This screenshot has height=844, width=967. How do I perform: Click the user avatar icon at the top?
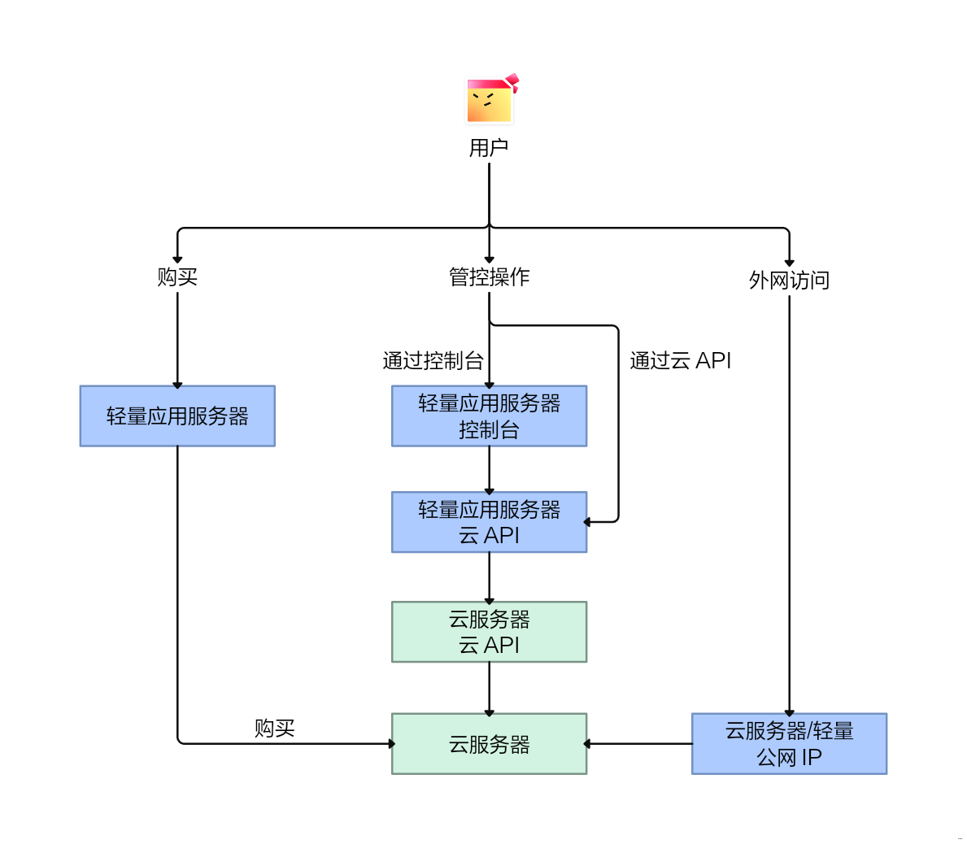pyautogui.click(x=489, y=101)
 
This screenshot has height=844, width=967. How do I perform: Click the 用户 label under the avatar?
pyautogui.click(x=489, y=148)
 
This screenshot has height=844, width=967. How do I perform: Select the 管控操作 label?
pyautogui.click(x=489, y=277)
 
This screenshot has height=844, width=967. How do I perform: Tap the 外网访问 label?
pyautogui.click(x=789, y=281)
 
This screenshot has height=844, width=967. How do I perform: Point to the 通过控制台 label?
pyautogui.click(x=433, y=361)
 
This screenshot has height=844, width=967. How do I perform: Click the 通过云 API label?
pyautogui.click(x=680, y=361)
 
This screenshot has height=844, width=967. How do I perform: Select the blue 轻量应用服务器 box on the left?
pyautogui.click(x=177, y=416)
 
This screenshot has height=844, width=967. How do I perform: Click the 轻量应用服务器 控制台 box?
pyautogui.click(x=489, y=416)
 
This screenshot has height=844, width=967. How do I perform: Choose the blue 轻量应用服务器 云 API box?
pyautogui.click(x=489, y=522)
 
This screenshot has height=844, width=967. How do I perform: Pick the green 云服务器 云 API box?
pyautogui.click(x=489, y=632)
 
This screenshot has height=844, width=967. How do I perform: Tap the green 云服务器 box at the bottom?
pyautogui.click(x=489, y=744)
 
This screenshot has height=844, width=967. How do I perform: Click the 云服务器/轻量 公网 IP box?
pyautogui.click(x=789, y=744)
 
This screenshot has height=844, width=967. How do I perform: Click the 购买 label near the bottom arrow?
pyautogui.click(x=274, y=729)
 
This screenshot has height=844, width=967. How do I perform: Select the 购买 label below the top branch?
pyautogui.click(x=177, y=277)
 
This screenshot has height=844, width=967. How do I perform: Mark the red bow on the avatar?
pyautogui.click(x=512, y=81)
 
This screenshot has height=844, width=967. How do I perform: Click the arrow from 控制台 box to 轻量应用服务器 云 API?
pyautogui.click(x=489, y=469)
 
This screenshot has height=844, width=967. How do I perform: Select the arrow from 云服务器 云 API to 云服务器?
pyautogui.click(x=489, y=688)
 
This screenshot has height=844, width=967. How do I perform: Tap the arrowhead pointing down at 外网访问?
pyautogui.click(x=789, y=262)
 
